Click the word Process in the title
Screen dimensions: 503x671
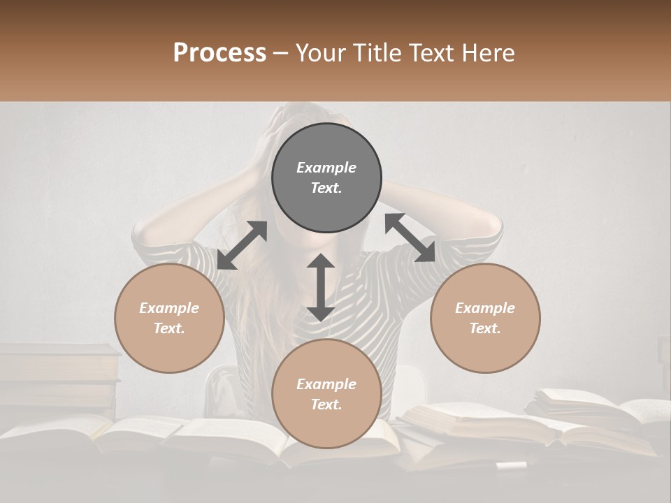click(219, 52)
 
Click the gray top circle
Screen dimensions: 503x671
click(326, 178)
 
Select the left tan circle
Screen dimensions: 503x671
click(169, 319)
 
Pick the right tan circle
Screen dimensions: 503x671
click(485, 319)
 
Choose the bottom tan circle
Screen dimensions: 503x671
click(326, 393)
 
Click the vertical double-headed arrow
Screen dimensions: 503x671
click(321, 287)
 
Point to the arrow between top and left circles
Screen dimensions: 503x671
click(242, 245)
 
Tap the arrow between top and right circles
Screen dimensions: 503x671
click(410, 238)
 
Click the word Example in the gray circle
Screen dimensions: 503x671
click(326, 168)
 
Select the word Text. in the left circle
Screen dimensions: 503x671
click(169, 328)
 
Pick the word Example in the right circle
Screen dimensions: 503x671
click(485, 308)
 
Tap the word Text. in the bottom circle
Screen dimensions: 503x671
click(326, 404)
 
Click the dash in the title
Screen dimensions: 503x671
click(281, 53)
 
